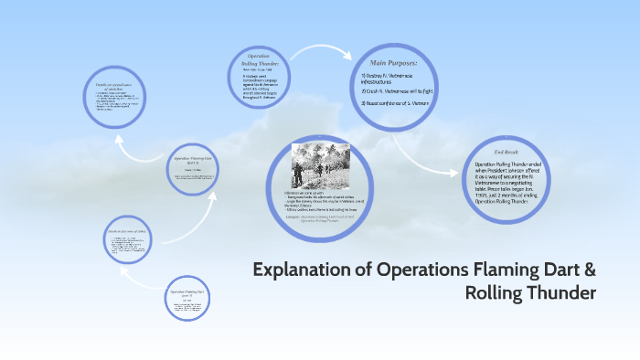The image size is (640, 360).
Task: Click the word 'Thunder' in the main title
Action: click(562, 292)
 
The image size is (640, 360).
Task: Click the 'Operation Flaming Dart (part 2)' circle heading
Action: click(191, 293)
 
